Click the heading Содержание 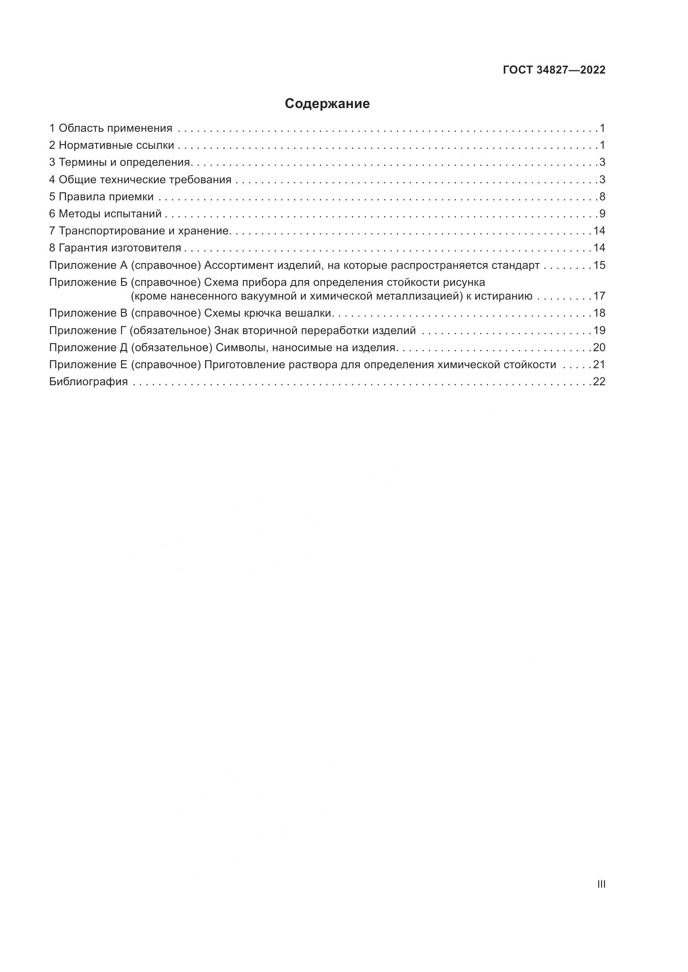point(327,104)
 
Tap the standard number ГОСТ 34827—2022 point(554,70)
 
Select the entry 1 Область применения point(111,128)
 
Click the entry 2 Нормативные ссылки point(111,145)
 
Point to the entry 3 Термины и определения point(121,162)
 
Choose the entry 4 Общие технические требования point(140,180)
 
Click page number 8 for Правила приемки point(602,197)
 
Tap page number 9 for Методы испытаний point(602,214)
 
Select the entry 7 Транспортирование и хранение point(139,231)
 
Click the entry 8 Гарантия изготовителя point(115,248)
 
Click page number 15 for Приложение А point(599,266)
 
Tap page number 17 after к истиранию point(599,296)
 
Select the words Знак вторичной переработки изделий point(315,330)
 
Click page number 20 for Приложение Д point(599,347)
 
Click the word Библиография point(89,381)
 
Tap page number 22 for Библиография point(599,381)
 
